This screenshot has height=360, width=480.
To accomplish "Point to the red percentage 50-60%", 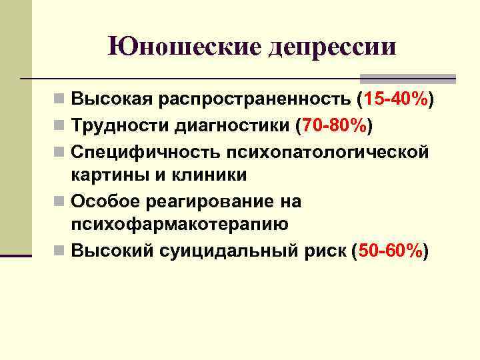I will point(390,251).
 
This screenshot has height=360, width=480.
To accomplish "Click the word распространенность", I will point(257,101).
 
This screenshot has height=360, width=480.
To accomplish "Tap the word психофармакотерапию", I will point(179,225).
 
